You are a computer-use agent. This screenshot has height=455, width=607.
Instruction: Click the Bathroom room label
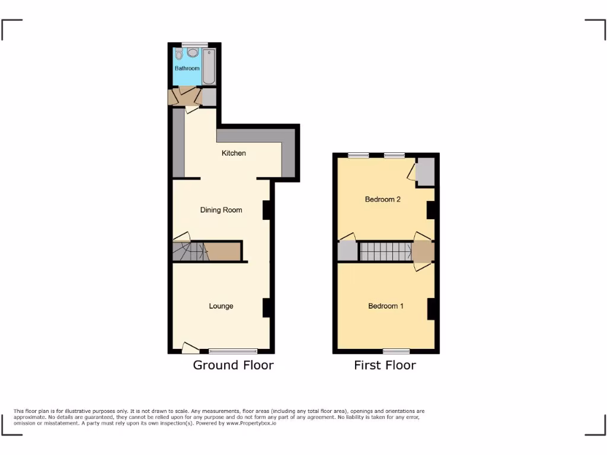pos(187,69)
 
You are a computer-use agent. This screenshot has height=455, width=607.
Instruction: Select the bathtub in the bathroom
pos(210,66)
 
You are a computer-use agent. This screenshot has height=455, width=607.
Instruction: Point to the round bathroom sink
pos(193,53)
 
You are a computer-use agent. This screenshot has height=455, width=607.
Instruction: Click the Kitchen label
pos(234,153)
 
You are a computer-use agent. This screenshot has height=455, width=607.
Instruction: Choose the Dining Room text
pos(221,210)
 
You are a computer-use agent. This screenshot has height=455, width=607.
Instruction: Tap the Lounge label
pos(221,306)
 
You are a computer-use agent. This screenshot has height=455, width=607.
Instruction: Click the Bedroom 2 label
pos(382,200)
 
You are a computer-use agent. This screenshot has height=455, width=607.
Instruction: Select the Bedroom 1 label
pos(386,306)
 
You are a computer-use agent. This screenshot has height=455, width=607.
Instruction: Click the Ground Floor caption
pos(233,365)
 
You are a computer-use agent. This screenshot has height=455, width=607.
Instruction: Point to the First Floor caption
pos(385,365)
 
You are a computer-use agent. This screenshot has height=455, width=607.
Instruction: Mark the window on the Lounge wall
pos(234,351)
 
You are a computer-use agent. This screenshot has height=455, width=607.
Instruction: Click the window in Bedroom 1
pos(396,351)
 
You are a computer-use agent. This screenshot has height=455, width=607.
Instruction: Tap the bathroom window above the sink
pos(194,44)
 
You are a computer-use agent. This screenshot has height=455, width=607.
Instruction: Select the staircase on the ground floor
pos(191,251)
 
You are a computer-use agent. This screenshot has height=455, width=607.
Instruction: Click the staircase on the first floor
pos(385,252)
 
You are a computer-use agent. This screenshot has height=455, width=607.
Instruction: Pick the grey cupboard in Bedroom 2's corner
pos(425,171)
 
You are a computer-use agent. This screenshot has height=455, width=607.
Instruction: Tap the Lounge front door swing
pos(190,348)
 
